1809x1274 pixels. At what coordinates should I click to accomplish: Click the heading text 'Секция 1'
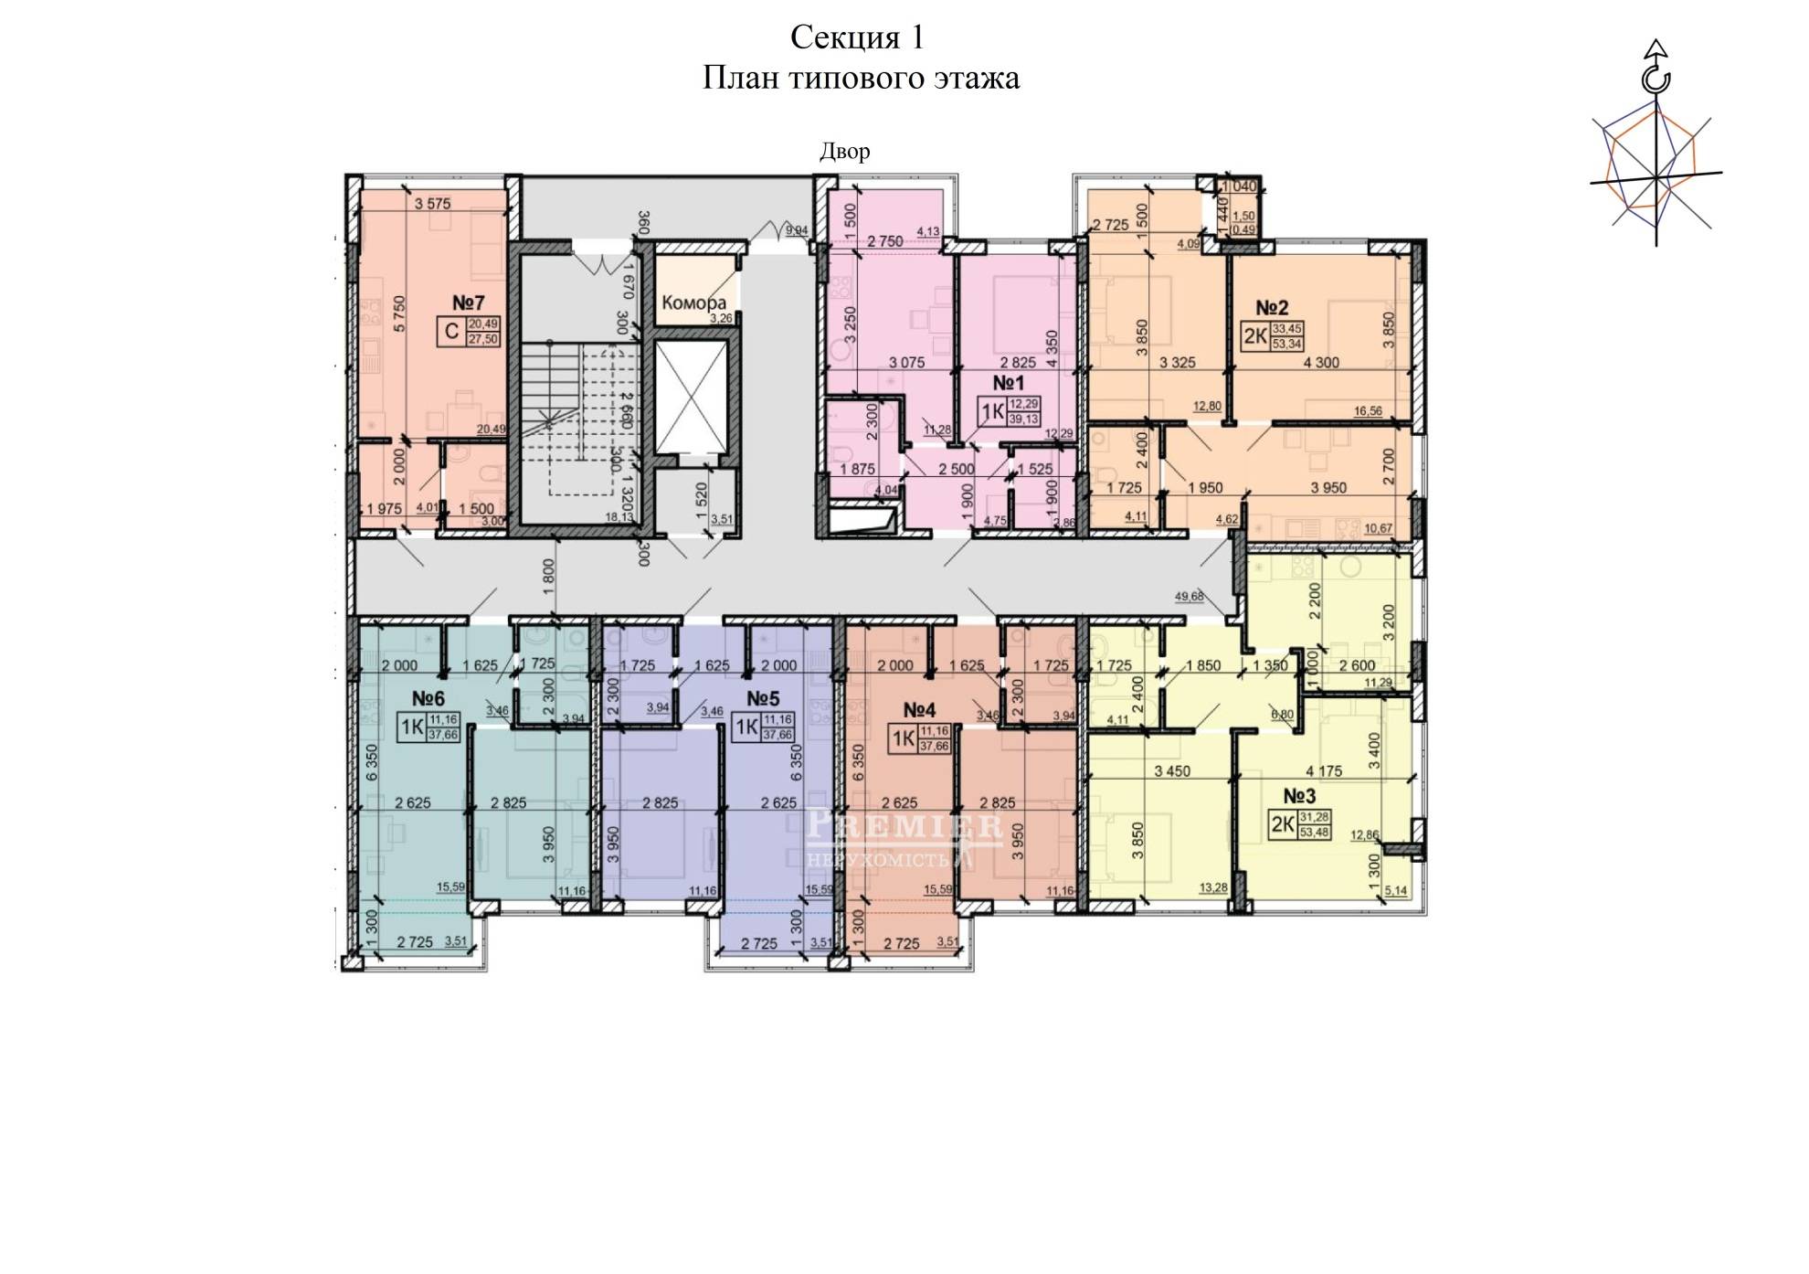coord(857,37)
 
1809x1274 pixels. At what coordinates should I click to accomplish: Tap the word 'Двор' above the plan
coord(844,151)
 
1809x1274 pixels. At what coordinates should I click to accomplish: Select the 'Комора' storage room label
coord(693,303)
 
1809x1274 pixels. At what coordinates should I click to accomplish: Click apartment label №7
coord(468,303)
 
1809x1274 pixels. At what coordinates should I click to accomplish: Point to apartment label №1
coord(1008,383)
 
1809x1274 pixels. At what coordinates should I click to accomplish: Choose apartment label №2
coord(1272,308)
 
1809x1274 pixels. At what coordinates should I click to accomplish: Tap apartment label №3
coord(1299,796)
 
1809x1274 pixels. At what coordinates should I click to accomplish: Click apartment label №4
coord(919,710)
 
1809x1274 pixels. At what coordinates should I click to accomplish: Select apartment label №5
coord(763,699)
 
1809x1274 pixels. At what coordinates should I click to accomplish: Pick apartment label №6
coord(428,699)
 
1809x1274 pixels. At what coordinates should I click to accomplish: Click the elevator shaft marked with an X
coord(691,398)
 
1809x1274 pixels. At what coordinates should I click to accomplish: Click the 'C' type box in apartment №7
coord(451,332)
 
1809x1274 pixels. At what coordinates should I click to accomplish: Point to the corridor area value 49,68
coord(1189,597)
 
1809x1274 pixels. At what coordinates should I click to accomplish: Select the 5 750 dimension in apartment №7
coord(399,313)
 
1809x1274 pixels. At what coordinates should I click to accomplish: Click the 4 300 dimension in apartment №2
coord(1320,363)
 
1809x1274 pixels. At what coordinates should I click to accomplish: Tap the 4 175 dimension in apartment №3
coord(1324,771)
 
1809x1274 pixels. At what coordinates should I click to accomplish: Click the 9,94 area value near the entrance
coord(796,230)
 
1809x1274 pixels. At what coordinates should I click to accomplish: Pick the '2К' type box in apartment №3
coord(1283,825)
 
